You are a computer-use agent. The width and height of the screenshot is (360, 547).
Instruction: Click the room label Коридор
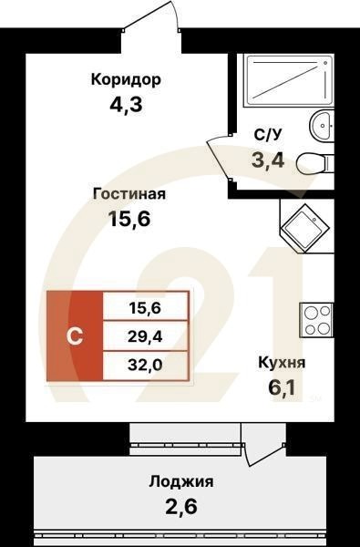(x=126, y=79)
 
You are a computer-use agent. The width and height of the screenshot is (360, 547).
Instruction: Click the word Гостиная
(x=129, y=193)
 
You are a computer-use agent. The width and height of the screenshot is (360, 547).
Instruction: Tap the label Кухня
(x=280, y=363)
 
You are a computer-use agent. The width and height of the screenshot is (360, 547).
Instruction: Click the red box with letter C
(x=74, y=335)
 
